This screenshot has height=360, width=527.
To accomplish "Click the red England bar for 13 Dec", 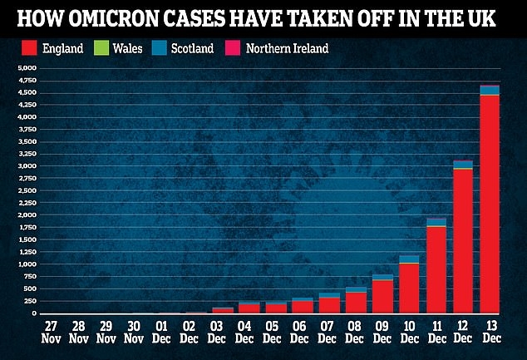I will (490, 204).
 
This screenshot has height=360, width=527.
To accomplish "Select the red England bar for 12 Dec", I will (463, 241).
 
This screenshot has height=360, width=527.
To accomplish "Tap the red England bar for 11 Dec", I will (436, 269).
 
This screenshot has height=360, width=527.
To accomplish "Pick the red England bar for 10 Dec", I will (409, 288).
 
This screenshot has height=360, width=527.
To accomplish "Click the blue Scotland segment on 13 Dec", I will (490, 90).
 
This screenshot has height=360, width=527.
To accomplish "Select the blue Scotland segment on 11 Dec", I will (436, 222).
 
